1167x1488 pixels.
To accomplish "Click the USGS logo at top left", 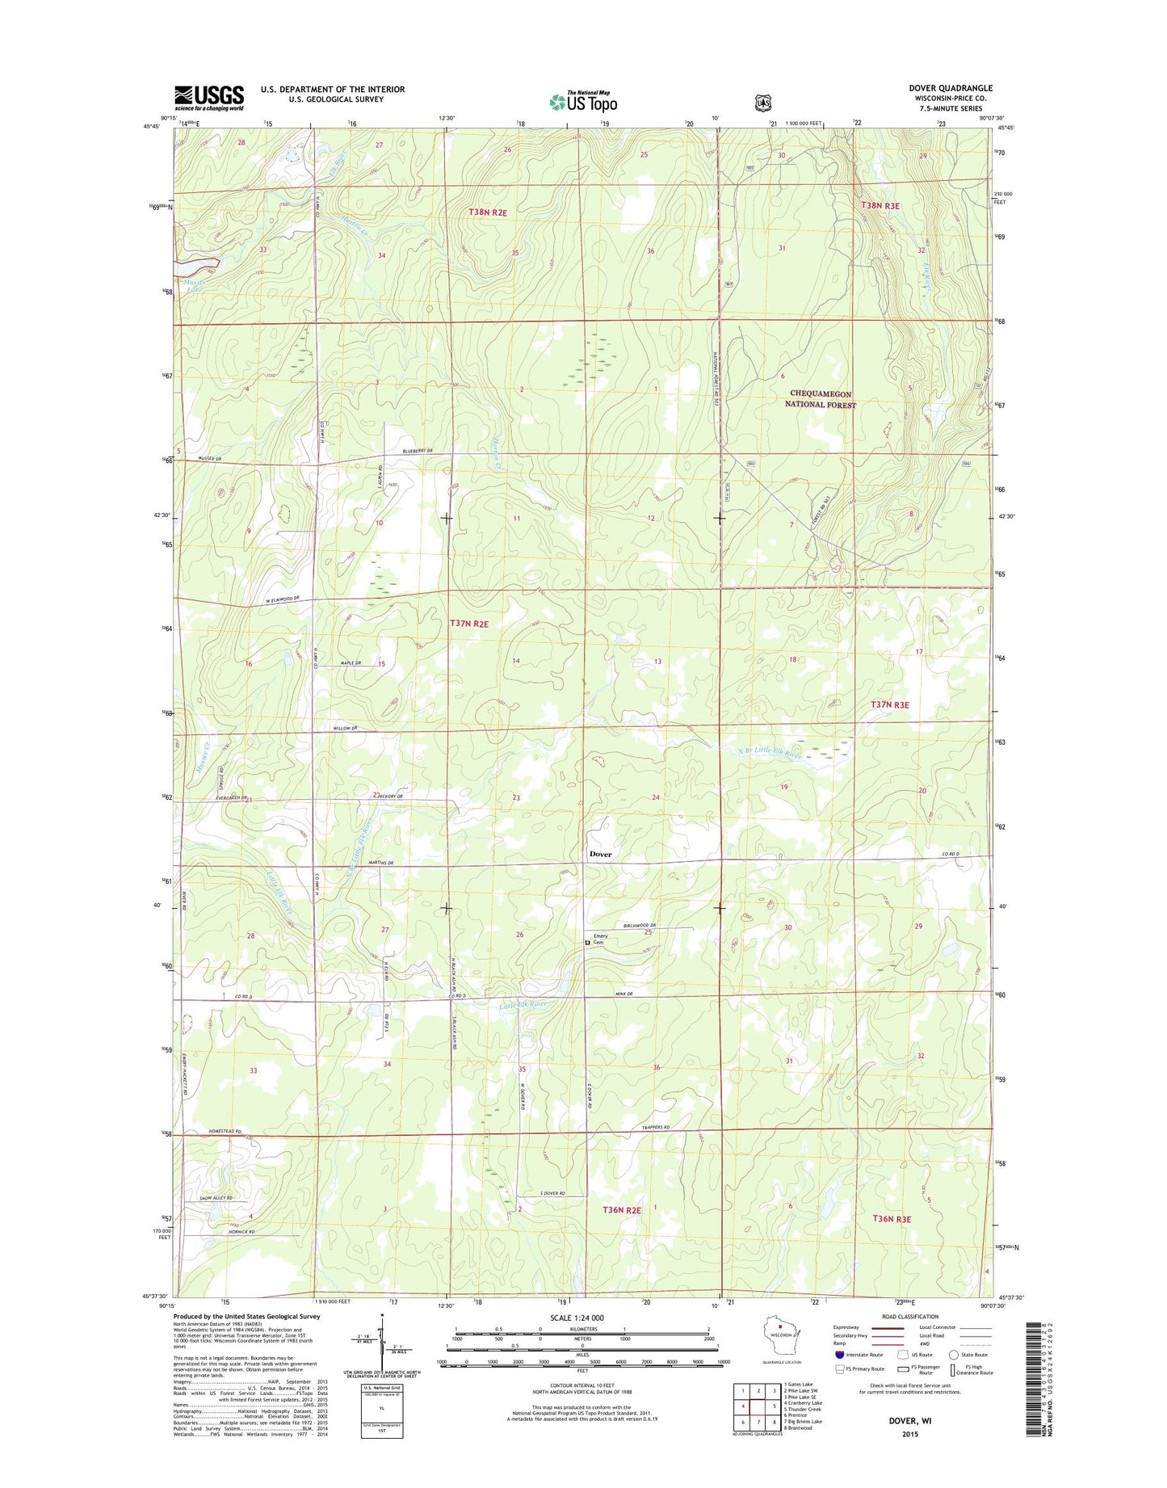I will tap(209, 98).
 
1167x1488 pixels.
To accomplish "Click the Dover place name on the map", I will tap(600, 854).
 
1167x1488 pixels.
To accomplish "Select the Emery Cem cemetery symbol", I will tap(587, 940).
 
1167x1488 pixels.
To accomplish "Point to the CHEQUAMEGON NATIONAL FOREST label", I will tap(820, 399).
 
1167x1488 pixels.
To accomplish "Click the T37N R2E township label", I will tap(468, 624).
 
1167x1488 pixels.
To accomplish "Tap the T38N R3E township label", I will tap(879, 206).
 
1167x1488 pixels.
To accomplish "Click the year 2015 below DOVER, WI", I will tap(910, 1435).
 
